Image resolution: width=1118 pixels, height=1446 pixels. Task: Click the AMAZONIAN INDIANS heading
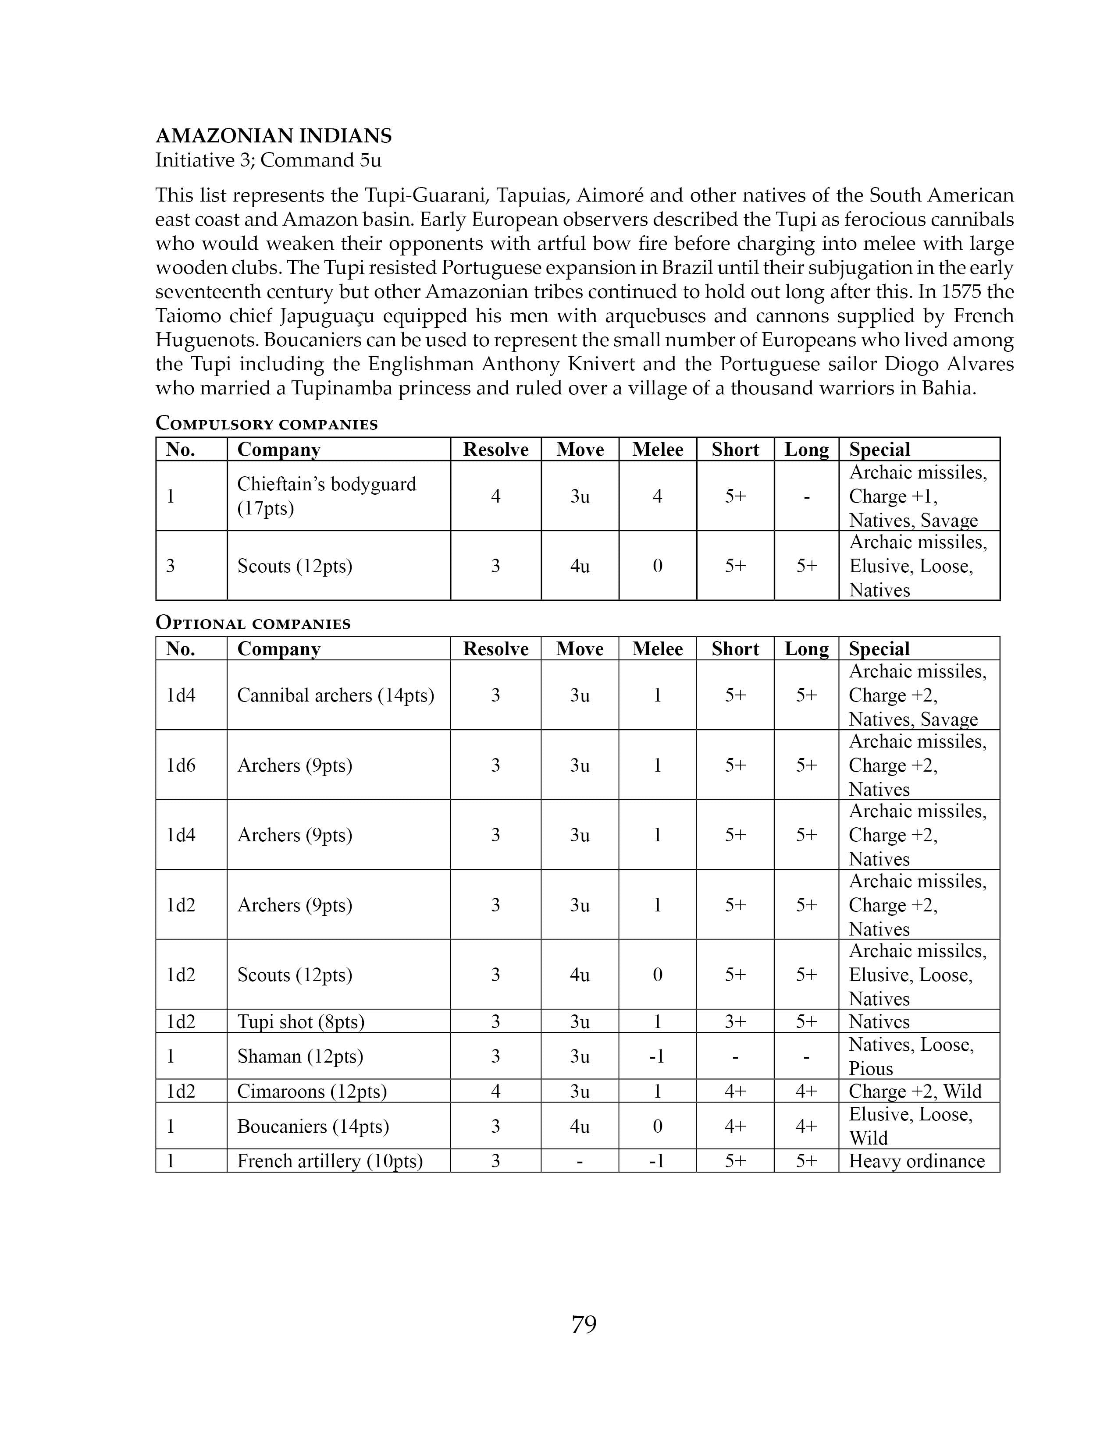[x=274, y=136]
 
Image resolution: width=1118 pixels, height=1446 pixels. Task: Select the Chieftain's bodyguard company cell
[x=327, y=496]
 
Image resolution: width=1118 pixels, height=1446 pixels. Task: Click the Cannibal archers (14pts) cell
[x=336, y=695]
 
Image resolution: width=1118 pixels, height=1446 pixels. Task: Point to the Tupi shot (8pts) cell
[x=301, y=1021]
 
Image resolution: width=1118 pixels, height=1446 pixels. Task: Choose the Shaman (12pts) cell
[x=300, y=1056]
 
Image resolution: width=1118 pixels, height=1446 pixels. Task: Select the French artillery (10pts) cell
[x=330, y=1161]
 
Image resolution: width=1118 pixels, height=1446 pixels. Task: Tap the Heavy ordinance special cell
[x=917, y=1161]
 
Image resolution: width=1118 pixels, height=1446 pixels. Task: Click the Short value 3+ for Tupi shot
[x=735, y=1021]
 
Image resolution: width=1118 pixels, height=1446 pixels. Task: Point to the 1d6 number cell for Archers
[x=181, y=766]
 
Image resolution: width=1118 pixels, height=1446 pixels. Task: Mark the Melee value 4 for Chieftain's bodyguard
[x=658, y=496]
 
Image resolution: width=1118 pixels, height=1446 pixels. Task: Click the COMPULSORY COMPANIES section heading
[x=266, y=424]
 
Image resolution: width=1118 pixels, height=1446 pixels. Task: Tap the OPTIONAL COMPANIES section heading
[x=253, y=623]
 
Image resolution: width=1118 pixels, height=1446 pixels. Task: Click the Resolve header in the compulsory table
[x=495, y=450]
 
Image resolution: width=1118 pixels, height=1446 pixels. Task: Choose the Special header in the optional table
[x=879, y=649]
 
